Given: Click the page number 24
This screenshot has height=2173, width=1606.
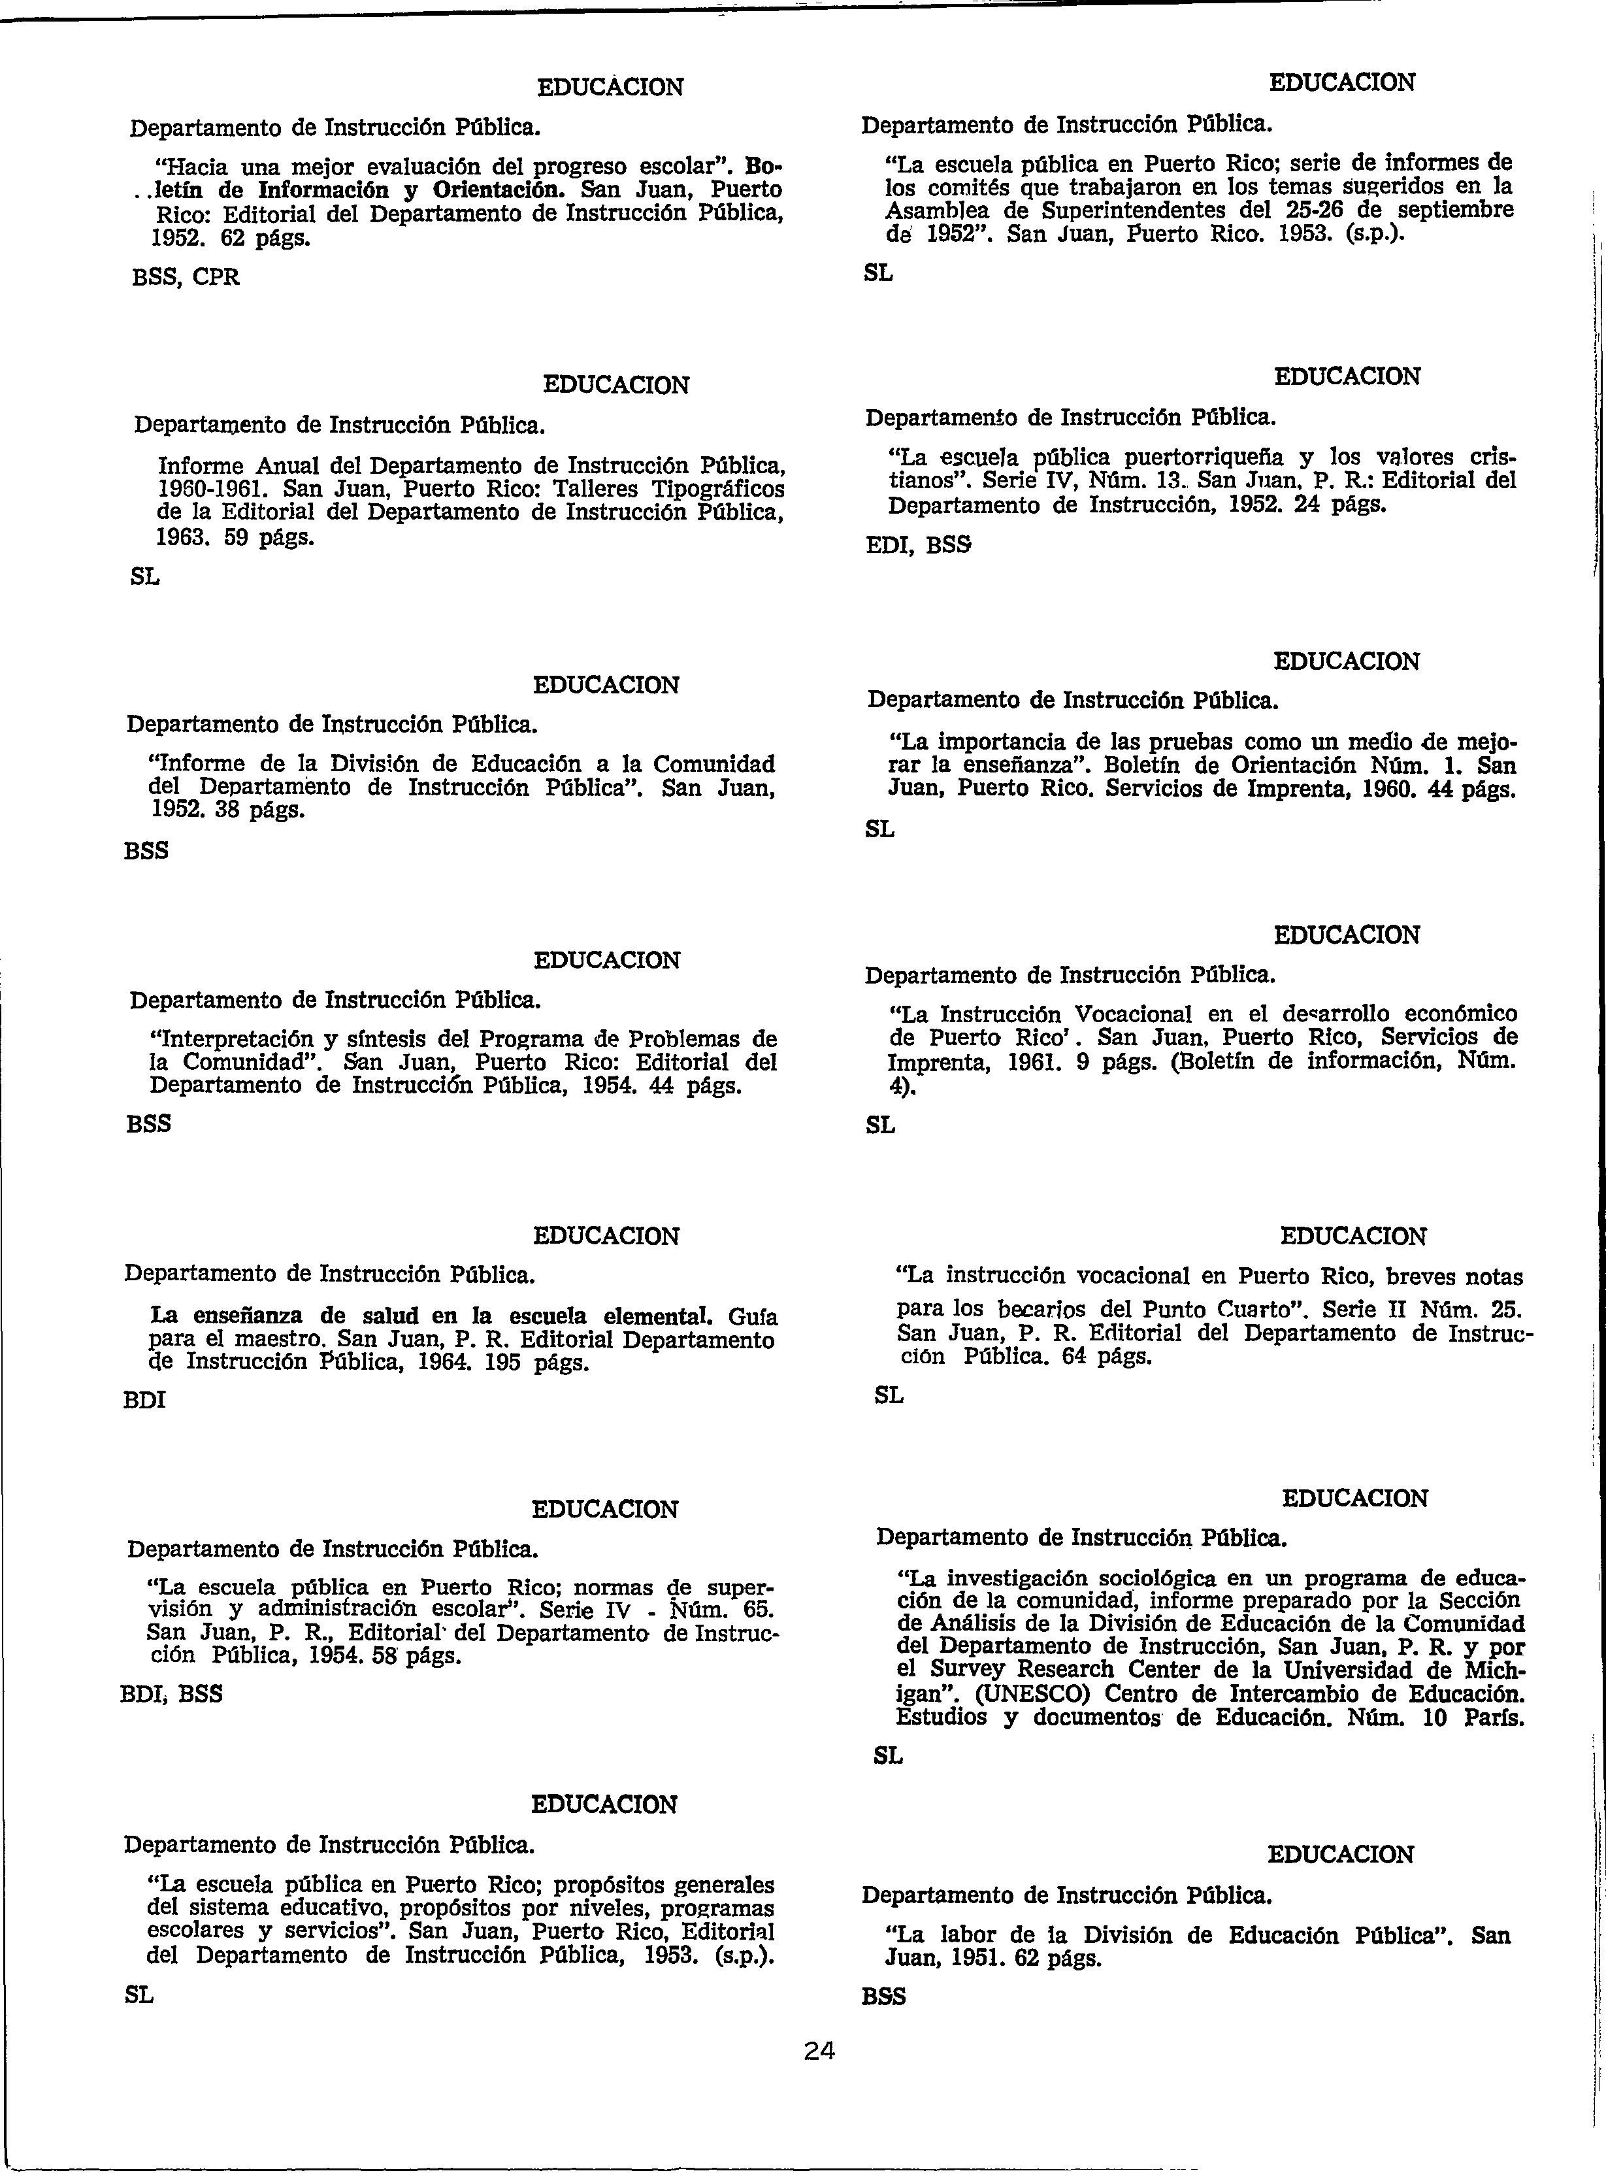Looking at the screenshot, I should (x=819, y=2051).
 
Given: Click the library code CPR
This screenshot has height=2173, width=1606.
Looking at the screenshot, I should (x=216, y=277).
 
